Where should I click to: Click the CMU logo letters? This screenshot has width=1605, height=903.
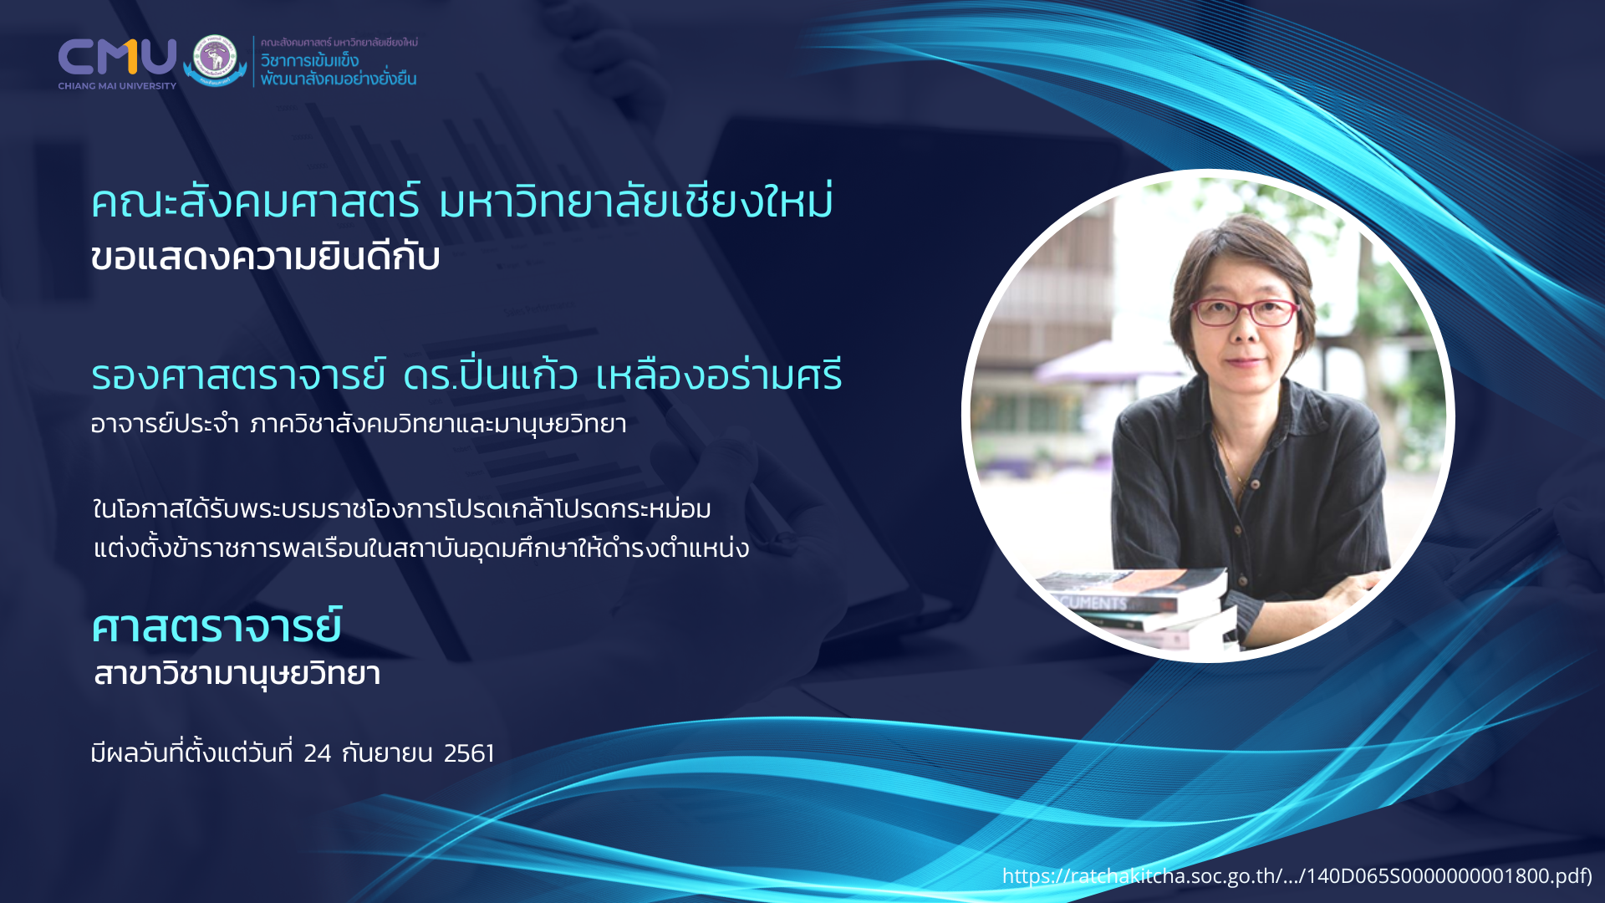(x=117, y=57)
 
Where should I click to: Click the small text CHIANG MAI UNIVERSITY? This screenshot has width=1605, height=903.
(x=117, y=86)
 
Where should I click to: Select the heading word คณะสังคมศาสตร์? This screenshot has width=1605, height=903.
(x=255, y=202)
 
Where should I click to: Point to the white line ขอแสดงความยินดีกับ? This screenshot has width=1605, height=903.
(x=265, y=257)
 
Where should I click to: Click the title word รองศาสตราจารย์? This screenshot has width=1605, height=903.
(x=238, y=375)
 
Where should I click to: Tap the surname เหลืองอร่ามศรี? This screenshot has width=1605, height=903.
(x=719, y=375)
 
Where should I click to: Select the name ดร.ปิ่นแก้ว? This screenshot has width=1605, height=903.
(x=490, y=374)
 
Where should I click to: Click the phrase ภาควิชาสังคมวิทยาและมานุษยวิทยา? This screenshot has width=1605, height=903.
(x=438, y=424)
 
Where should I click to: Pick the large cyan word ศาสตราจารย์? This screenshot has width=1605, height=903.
(x=217, y=625)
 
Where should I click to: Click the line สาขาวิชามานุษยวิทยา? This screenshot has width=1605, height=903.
(x=237, y=674)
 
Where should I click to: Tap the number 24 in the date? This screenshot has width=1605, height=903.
(x=318, y=753)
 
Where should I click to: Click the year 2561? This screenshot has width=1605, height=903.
(x=469, y=753)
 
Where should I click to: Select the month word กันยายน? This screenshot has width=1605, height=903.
(x=387, y=753)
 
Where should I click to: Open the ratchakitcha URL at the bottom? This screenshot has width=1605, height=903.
(x=1297, y=875)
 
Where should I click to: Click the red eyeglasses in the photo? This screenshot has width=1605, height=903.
(x=1243, y=313)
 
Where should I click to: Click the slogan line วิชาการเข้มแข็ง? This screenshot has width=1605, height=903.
(x=309, y=60)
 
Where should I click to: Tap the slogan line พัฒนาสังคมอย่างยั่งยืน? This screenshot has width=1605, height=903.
(x=338, y=79)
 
